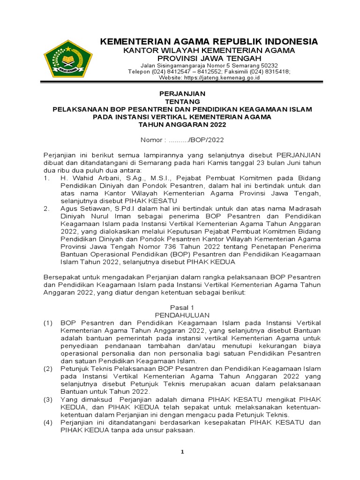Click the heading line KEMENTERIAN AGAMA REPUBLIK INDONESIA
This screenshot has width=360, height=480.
coord(209,42)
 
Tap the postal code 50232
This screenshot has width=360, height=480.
coord(269,66)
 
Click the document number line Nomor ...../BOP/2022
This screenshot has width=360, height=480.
coord(183,140)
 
